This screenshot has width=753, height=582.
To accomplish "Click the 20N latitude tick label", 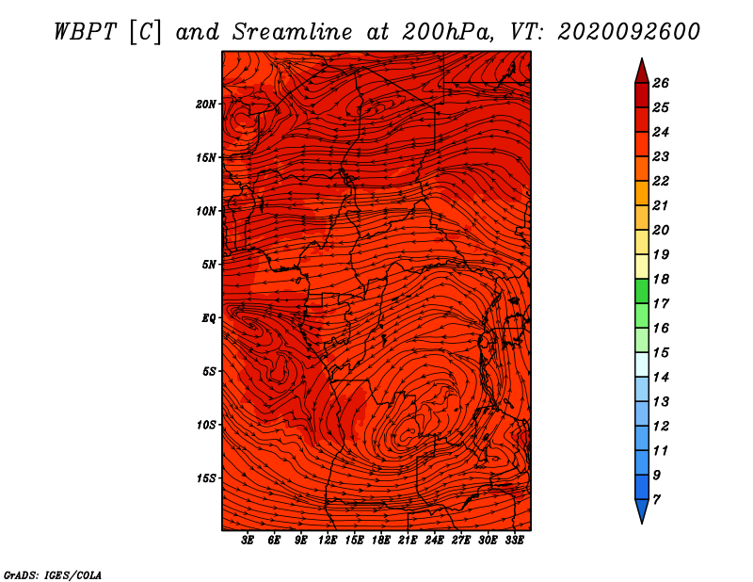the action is click(x=205, y=104).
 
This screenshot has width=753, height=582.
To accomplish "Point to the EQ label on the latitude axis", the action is click(x=208, y=317).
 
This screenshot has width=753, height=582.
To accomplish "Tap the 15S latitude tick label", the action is click(x=206, y=478).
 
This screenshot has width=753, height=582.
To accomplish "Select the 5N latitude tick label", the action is click(x=209, y=265).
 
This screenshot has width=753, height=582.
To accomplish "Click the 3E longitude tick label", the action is click(x=248, y=540).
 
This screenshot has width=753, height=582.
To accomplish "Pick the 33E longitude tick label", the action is click(x=514, y=540).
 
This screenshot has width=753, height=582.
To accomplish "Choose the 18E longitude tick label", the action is click(x=381, y=540).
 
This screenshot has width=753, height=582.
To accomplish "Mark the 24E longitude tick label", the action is click(x=434, y=540).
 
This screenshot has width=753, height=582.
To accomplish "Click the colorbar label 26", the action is click(x=661, y=83).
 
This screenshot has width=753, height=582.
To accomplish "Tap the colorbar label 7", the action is click(x=656, y=499).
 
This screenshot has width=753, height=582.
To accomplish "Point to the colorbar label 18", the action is click(x=661, y=279).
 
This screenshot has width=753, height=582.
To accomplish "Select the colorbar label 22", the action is click(x=661, y=181).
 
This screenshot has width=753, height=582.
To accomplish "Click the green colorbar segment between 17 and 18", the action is click(x=642, y=291).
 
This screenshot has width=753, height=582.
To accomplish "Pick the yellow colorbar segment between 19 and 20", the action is click(x=642, y=242).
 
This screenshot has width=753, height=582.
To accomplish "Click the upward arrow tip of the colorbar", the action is click(x=642, y=58).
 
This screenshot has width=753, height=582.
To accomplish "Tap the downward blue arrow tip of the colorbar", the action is click(x=642, y=523).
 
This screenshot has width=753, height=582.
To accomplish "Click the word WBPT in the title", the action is click(x=85, y=32).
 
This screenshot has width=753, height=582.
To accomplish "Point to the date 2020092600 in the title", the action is click(x=629, y=32).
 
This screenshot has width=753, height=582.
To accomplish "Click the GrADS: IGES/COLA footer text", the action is click(x=53, y=574).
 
